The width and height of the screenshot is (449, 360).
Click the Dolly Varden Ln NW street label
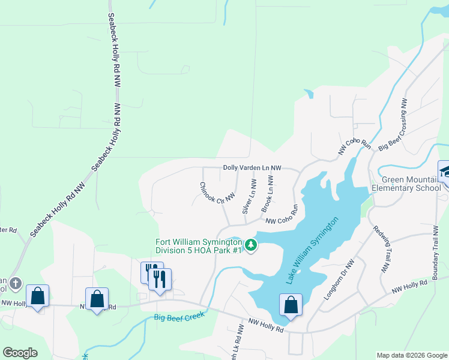(x=252, y=169)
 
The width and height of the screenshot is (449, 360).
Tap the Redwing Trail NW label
(x=382, y=250)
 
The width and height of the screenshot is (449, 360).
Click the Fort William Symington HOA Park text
(x=199, y=246)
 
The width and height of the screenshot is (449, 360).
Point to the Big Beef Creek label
(x=179, y=316)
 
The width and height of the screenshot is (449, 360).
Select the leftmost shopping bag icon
(x=37, y=295)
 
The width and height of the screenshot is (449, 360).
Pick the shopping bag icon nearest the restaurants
(x=97, y=299)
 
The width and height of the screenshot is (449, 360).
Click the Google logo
(x=20, y=352)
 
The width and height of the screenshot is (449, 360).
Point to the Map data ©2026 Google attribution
(x=411, y=355)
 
